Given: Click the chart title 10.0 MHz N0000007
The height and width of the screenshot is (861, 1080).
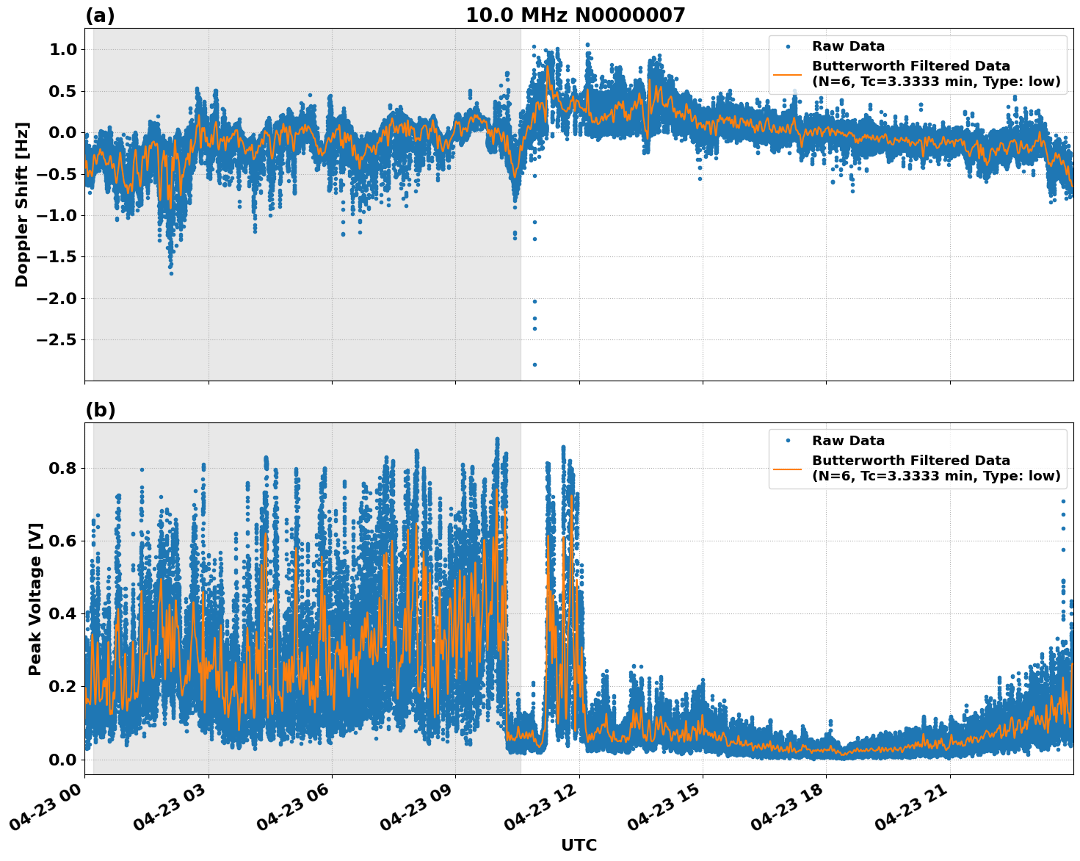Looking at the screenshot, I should pyautogui.click(x=575, y=15).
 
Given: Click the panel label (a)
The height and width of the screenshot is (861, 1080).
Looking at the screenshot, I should pyautogui.click(x=100, y=15).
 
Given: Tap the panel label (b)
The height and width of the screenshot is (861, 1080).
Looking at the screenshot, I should pyautogui.click(x=100, y=410).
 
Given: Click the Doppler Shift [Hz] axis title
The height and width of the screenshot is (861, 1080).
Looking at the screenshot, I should pyautogui.click(x=22, y=204).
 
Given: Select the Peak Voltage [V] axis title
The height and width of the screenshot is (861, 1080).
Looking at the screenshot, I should pyautogui.click(x=35, y=599).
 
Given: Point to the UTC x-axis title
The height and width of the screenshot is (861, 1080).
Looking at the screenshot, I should pyautogui.click(x=579, y=845).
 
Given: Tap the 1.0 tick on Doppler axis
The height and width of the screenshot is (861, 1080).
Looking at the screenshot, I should pyautogui.click(x=65, y=49).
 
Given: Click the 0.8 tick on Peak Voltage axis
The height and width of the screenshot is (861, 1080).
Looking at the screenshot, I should pyautogui.click(x=65, y=468).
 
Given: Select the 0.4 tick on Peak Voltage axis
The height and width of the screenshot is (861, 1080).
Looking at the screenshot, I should pyautogui.click(x=65, y=613).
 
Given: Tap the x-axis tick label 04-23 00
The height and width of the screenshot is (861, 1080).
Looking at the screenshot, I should pyautogui.click(x=46, y=812).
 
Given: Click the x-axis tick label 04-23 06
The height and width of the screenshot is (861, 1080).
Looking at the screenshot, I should pyautogui.click(x=294, y=812).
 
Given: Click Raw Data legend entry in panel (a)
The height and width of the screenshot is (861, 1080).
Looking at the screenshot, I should pyautogui.click(x=848, y=47).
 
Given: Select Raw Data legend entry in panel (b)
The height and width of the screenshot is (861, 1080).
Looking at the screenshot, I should pyautogui.click(x=848, y=441).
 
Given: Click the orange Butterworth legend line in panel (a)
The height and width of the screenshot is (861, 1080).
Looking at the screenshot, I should pyautogui.click(x=787, y=74).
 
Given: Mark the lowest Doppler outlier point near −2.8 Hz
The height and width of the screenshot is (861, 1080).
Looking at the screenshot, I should pyautogui.click(x=534, y=364).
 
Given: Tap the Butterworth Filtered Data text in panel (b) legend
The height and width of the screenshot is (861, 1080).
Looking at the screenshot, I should pyautogui.click(x=910, y=461).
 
